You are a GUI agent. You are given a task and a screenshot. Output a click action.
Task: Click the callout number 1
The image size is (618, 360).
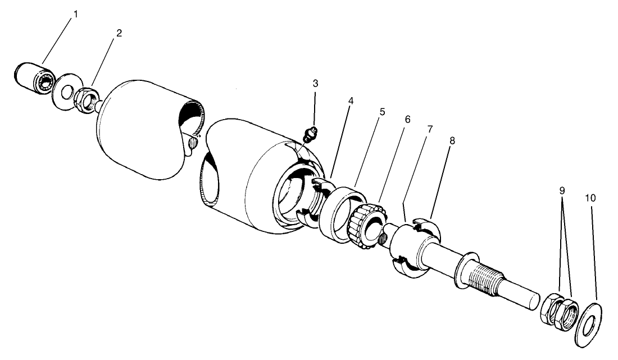[x=76, y=14]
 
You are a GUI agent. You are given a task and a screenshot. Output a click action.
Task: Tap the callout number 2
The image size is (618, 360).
[x=119, y=33]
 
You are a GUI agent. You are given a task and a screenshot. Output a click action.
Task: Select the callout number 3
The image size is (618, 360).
[x=315, y=83]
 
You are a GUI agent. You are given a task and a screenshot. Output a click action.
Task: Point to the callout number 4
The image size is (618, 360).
[x=351, y=101]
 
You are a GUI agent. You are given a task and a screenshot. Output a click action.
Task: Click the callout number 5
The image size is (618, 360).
[x=382, y=111]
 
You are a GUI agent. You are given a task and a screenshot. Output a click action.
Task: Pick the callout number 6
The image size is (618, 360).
[x=407, y=119]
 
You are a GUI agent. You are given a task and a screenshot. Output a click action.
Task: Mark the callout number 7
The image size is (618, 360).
[x=430, y=129]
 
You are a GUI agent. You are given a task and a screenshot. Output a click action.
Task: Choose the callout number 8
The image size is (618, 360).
[x=452, y=140]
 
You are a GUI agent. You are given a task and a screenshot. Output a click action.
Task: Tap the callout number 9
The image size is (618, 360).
[x=562, y=190]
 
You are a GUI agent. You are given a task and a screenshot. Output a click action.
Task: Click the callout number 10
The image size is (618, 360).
[x=590, y=198]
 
